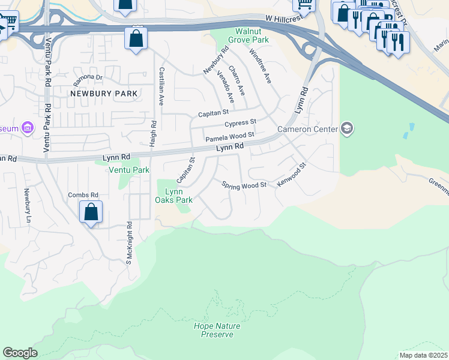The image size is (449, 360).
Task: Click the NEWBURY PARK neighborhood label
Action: click(104, 94)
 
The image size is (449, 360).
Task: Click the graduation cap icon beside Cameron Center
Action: click(346, 128)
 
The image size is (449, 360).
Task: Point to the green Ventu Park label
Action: click(128, 170)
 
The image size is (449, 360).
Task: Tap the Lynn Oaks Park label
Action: click(174, 196)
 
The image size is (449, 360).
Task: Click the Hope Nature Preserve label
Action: click(217, 330)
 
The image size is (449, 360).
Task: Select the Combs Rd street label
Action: click(83, 195)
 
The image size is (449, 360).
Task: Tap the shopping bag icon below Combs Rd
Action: click(91, 212)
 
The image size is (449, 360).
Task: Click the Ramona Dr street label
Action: click(88, 77)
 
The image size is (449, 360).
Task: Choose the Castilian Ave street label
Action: click(161, 86)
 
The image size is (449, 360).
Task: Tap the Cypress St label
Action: click(240, 124)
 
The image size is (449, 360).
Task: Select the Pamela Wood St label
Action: click(231, 138)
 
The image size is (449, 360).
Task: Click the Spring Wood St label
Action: click(244, 185)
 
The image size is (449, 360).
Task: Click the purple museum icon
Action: click(27, 128)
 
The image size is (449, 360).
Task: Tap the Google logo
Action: click(20, 353)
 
